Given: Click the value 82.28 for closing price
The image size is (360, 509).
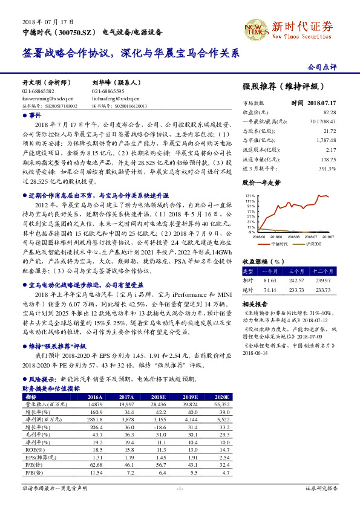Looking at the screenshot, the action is [330, 112].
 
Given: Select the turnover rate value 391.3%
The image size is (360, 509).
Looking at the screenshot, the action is [328, 168].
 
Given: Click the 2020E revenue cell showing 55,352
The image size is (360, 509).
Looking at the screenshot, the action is [222, 404].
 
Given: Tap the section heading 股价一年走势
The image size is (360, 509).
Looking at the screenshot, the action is [261, 182].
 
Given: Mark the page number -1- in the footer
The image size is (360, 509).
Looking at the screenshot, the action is [180, 487].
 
